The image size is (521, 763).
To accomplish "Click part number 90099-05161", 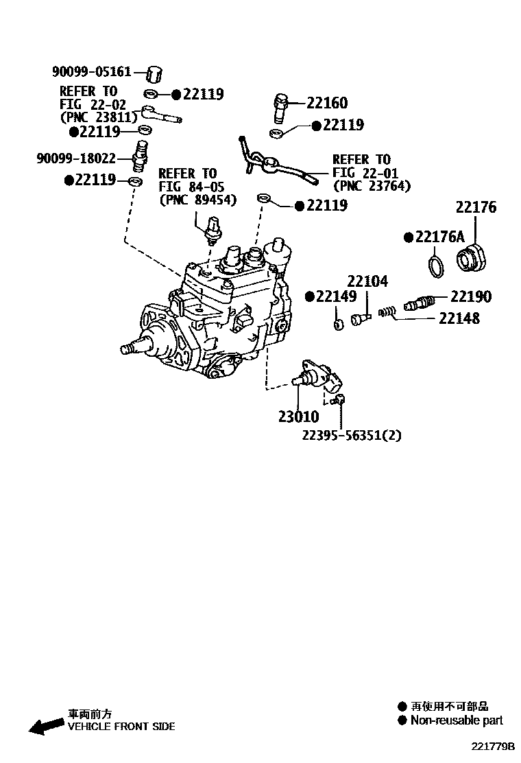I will [x=91, y=71].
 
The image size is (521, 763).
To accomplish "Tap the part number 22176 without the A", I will [x=476, y=207].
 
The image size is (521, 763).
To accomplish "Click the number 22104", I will [x=367, y=281].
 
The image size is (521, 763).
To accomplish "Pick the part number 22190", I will [x=471, y=296].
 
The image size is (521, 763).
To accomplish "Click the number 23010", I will [x=298, y=416].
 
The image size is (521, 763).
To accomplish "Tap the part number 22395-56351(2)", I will [x=351, y=435].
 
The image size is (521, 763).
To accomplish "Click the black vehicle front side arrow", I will [x=45, y=726].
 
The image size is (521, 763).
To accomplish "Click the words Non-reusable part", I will [x=457, y=720].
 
